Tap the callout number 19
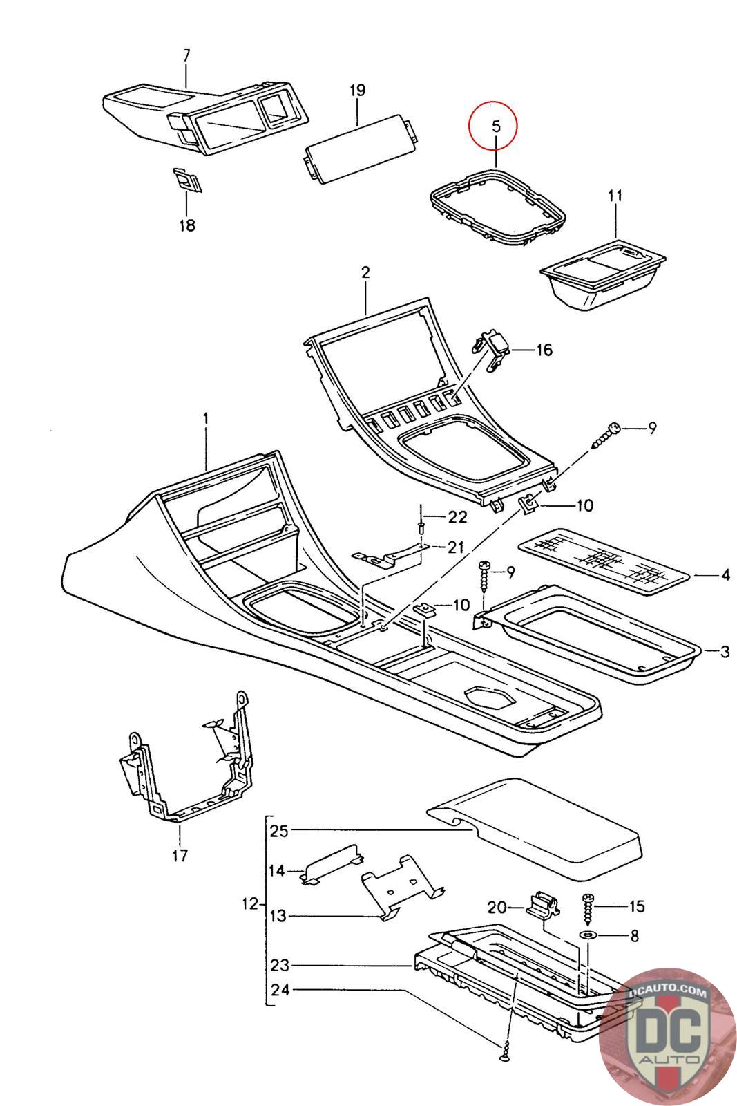[357, 91]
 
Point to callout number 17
[180, 856]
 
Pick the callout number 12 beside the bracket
[251, 903]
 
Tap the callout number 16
[544, 350]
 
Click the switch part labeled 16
[495, 350]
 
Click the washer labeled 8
[588, 935]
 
